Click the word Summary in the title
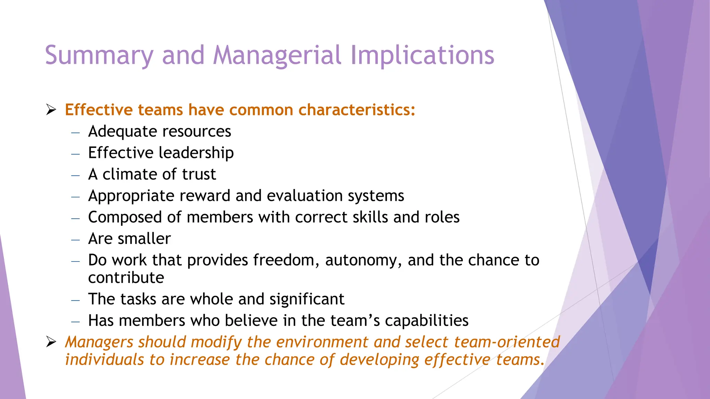click(99, 55)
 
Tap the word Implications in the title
click(422, 55)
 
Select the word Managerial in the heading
click(277, 55)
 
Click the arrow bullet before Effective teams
click(51, 110)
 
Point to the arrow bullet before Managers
click(51, 342)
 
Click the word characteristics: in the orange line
click(356, 110)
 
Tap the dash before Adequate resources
click(76, 132)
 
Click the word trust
click(199, 174)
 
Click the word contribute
click(126, 278)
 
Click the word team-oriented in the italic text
click(506, 342)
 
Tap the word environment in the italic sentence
click(322, 342)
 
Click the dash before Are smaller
click(76, 240)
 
